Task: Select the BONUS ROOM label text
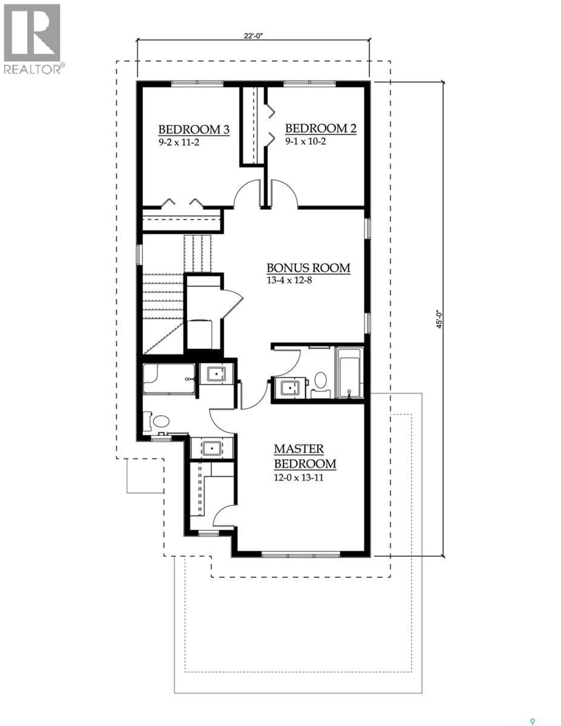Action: point(308,268)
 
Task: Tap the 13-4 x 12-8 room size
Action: point(289,280)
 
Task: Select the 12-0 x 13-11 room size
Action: point(298,478)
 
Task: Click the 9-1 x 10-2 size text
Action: point(305,141)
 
